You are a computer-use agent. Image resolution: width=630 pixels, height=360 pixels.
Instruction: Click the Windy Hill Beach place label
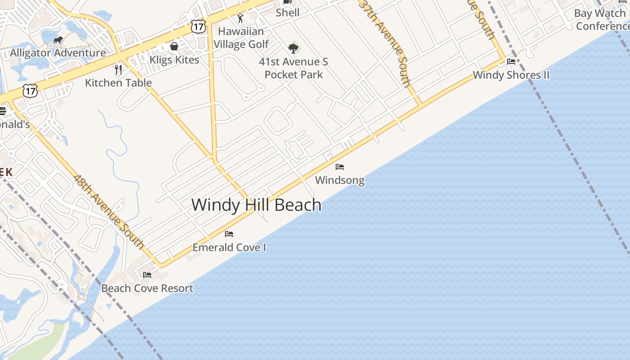(256, 205)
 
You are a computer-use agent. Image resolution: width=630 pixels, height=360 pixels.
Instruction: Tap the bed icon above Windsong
(340, 167)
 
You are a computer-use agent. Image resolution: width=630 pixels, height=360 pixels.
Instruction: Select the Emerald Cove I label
(229, 247)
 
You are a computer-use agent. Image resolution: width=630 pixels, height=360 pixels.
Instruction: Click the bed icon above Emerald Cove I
(229, 234)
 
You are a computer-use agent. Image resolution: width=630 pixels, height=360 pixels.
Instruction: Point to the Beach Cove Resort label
(147, 288)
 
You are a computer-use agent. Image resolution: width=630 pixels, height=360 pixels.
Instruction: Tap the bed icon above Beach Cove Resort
(147, 275)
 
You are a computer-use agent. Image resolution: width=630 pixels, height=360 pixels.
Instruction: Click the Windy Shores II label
(511, 75)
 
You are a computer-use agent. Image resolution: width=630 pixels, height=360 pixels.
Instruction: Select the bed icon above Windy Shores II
(511, 62)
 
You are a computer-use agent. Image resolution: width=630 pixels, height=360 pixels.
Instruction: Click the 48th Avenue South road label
(109, 212)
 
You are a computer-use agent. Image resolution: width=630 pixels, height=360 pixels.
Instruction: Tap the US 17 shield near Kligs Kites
(198, 26)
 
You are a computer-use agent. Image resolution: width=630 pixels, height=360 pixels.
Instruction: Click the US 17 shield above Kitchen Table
(30, 90)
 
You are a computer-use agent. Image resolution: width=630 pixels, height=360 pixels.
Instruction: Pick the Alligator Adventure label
(58, 53)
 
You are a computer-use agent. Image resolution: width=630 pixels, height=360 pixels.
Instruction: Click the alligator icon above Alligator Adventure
(58, 40)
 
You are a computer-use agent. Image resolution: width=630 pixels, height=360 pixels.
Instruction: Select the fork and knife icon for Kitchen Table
(118, 69)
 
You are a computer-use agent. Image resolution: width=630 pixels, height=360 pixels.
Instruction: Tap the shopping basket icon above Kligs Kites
(174, 46)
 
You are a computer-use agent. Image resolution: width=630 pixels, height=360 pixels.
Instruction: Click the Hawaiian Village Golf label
(241, 38)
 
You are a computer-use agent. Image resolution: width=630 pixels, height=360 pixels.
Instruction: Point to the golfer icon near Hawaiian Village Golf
(240, 18)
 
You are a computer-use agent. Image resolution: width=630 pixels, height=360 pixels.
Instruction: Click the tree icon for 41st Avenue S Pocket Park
(293, 48)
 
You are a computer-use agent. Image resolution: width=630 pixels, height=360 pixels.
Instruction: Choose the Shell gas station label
(288, 13)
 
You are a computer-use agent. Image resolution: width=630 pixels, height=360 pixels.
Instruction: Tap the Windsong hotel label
(340, 180)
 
